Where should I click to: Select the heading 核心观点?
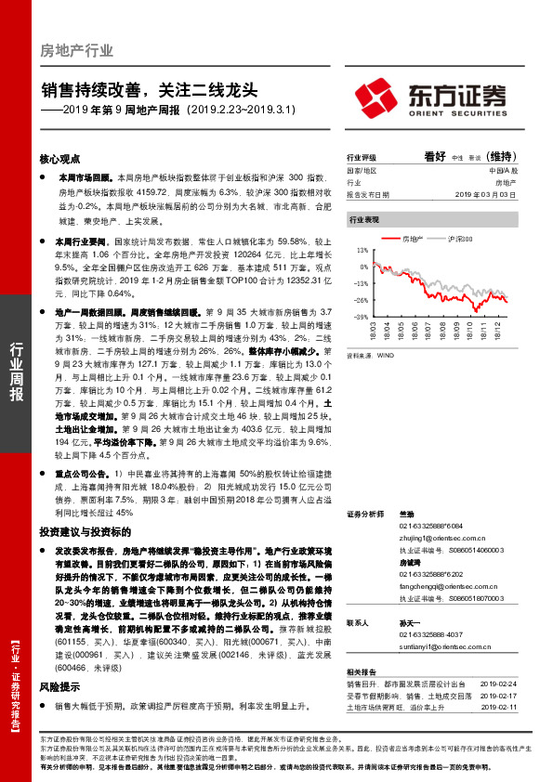(x=59, y=159)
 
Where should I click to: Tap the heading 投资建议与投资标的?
(x=78, y=532)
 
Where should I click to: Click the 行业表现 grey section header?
(x=363, y=220)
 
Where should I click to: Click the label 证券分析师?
(x=365, y=514)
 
